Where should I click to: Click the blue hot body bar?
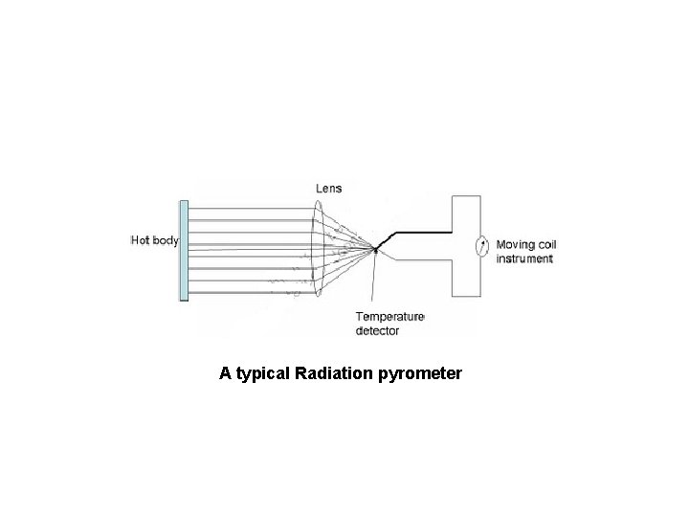tap(184, 251)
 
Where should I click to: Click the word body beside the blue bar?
tap(167, 240)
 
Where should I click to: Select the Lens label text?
tap(329, 188)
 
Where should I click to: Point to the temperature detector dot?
tap(376, 251)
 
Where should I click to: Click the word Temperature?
tap(389, 317)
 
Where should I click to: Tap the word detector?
tap(377, 330)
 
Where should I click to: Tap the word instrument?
tap(523, 258)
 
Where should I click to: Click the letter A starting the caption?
tap(225, 372)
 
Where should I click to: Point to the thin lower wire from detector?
tap(421, 261)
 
